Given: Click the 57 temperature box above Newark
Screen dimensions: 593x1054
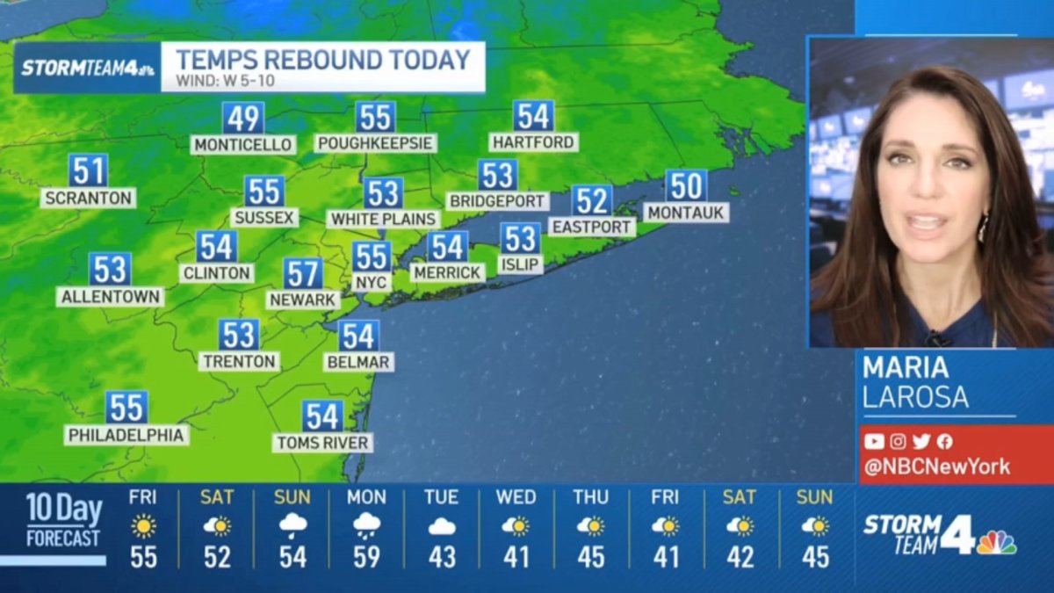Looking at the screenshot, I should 302,273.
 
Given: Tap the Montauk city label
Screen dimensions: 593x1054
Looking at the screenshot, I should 685,212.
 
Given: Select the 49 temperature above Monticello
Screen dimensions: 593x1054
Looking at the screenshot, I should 242,118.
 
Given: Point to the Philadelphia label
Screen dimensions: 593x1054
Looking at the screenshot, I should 126,435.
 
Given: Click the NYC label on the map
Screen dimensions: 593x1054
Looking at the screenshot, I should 371,282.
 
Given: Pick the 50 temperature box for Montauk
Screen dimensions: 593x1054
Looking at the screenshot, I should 686,185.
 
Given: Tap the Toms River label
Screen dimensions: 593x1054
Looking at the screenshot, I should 322,442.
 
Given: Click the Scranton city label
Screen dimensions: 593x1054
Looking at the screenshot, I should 88,198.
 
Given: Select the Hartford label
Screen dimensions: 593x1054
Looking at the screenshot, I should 533,141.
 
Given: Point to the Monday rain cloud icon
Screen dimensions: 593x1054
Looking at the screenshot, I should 366,526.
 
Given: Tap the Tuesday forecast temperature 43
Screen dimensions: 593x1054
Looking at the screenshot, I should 441,557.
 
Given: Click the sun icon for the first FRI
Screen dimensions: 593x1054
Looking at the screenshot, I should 143,526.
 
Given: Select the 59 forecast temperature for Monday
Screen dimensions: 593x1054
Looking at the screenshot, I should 366,557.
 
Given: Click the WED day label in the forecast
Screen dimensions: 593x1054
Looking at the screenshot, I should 516,497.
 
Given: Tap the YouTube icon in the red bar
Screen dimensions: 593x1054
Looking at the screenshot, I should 874,442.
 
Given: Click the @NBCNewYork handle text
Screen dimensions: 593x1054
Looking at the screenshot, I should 936,466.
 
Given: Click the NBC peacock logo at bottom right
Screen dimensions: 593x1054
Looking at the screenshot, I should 996,542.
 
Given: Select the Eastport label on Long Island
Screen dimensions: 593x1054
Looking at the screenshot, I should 592,227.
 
